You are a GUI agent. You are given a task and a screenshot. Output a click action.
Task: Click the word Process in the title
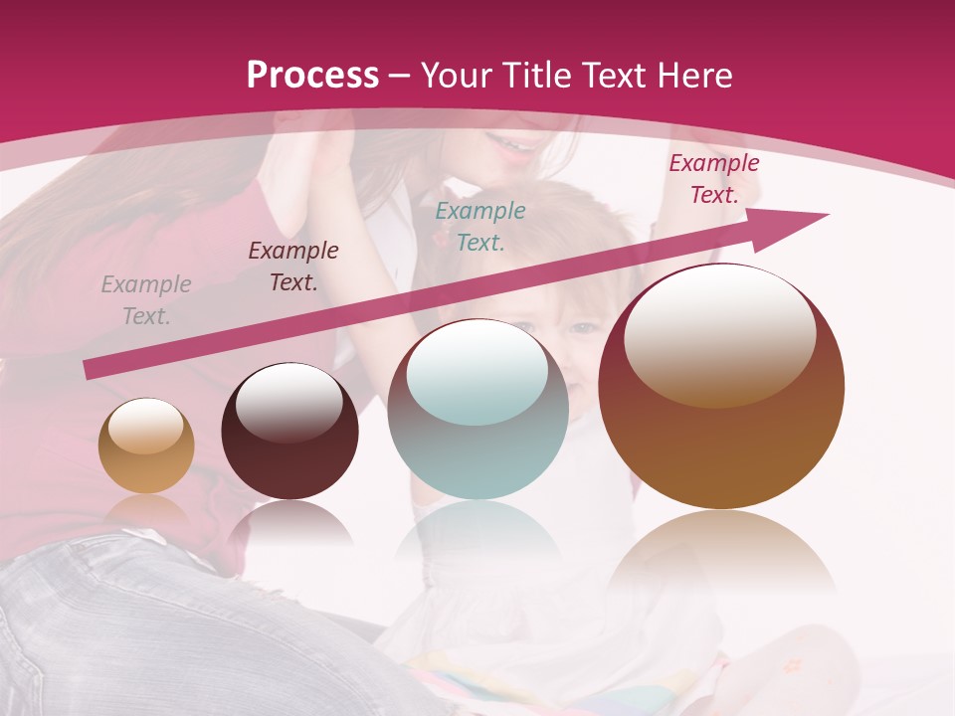click(x=312, y=76)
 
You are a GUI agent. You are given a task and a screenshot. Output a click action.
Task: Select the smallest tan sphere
click(x=146, y=447)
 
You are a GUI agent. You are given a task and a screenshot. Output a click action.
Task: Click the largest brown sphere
click(x=721, y=388)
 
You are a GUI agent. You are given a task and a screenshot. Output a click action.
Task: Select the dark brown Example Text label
click(x=293, y=267)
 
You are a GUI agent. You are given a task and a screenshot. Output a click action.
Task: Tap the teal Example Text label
click(x=480, y=227)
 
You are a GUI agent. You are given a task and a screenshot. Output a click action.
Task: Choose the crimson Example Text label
click(x=714, y=179)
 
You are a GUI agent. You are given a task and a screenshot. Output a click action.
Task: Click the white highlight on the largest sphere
click(x=720, y=333)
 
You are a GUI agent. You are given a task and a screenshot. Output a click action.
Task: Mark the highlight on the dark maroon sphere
click(x=288, y=403)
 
